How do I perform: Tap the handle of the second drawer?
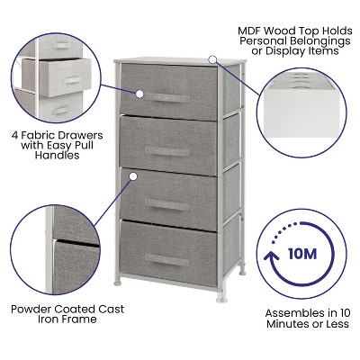167,149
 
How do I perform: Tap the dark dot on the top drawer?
140,93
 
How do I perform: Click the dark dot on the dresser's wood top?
212,59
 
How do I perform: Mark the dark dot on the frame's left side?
133,201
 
